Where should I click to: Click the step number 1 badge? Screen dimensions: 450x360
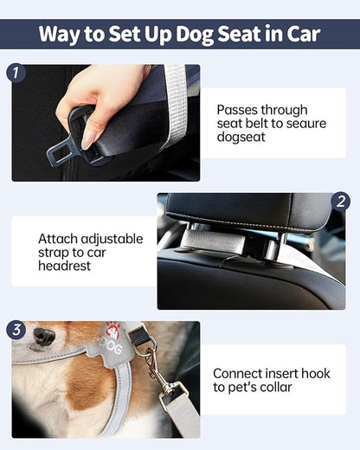[x=16, y=72]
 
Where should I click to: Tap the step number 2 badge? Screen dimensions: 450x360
[x=342, y=202]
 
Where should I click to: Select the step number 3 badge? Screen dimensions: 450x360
[x=16, y=330]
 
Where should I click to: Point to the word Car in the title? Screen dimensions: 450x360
[x=305, y=35]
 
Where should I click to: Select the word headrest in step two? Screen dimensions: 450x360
[x=65, y=267]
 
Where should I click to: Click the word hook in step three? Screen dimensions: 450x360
[x=314, y=373]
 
